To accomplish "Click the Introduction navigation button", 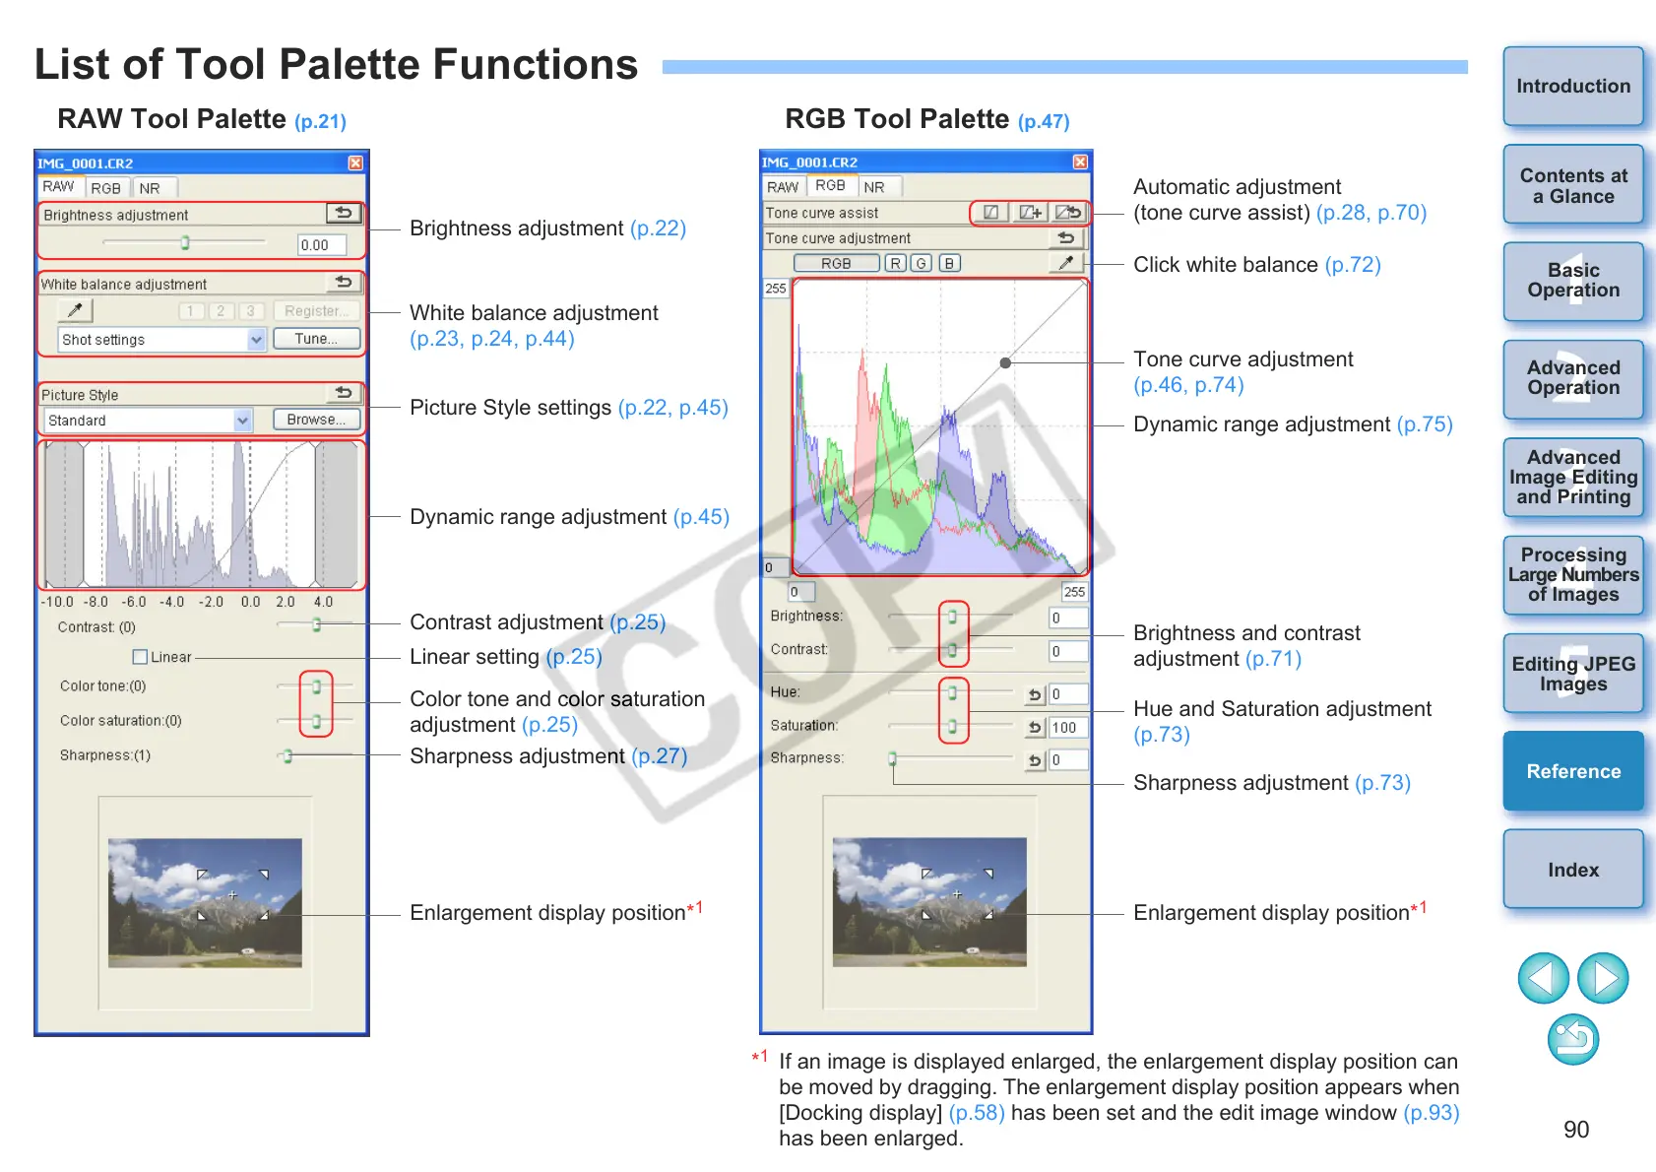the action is pos(1572,87).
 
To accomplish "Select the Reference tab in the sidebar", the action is pos(1572,771).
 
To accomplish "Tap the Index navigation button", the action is pos(1572,870).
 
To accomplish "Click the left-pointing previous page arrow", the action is pos(1543,978).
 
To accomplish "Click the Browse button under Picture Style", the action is pos(315,420).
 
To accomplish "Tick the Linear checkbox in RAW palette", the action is pos(140,657).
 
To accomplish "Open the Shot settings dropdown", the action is pos(256,340).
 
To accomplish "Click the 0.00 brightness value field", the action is pos(321,245).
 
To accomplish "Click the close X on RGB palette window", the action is pos(1080,163).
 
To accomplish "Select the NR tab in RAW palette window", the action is pos(150,188).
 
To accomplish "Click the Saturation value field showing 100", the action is pos(1068,728).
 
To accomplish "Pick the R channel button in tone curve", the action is pos(895,264).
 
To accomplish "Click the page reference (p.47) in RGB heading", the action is pos(1044,122).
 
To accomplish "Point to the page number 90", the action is pos(1575,1130).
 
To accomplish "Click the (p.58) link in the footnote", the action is pos(976,1113).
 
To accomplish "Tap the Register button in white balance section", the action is pos(316,311).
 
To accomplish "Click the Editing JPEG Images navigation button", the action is pos(1572,674).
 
